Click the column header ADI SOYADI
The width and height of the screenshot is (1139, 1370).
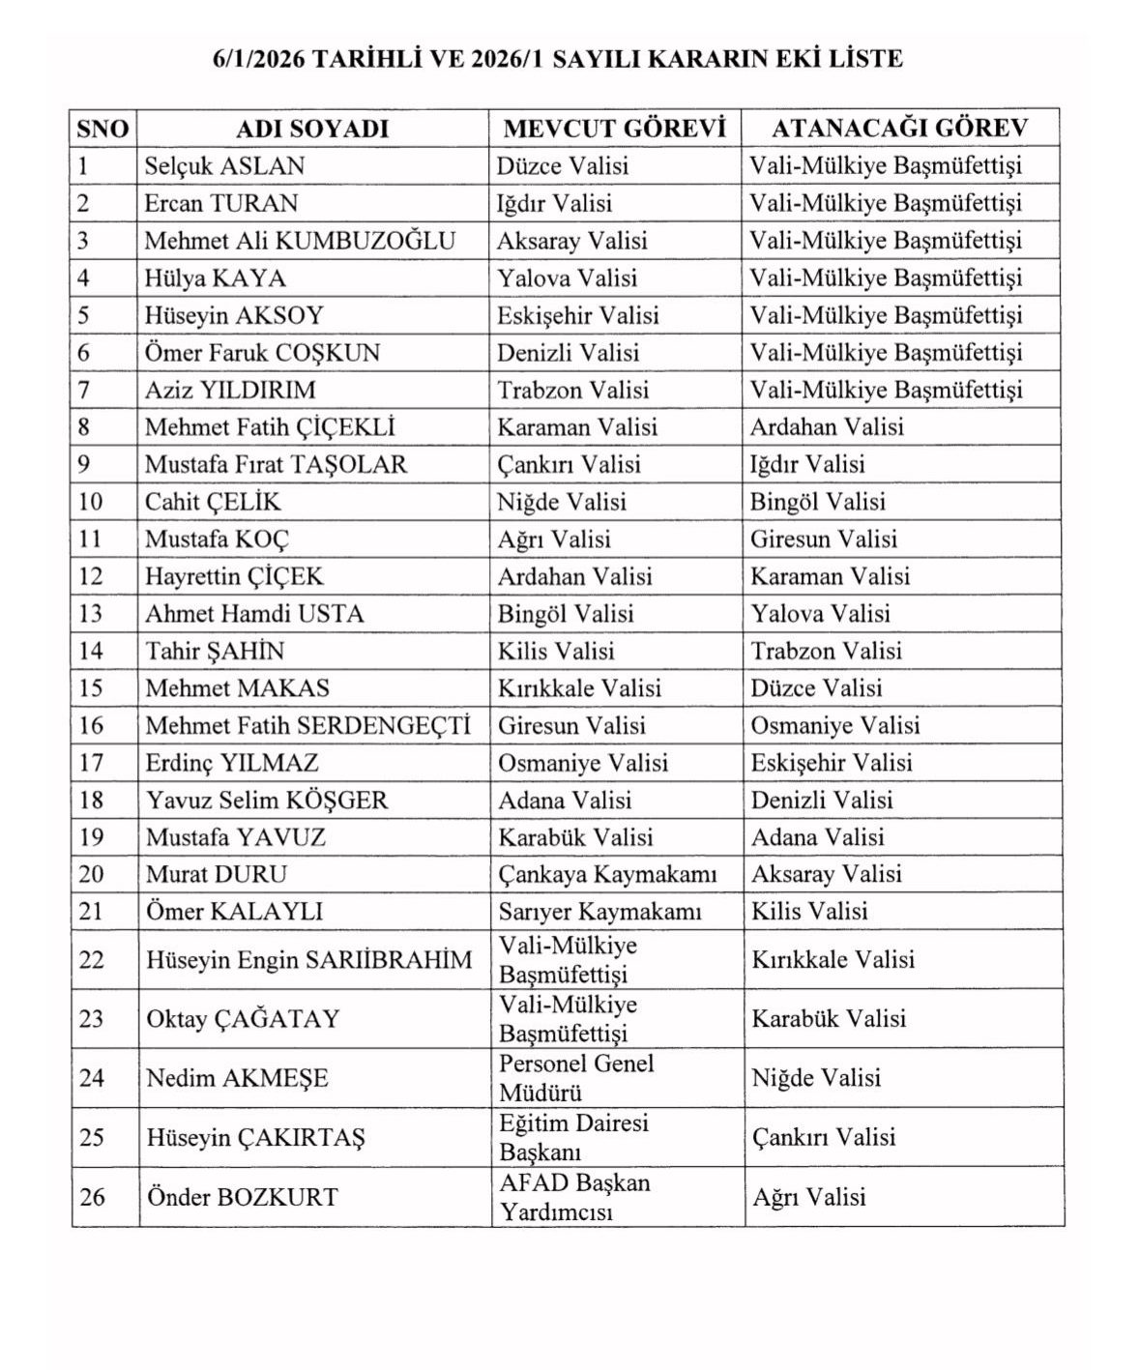point(312,129)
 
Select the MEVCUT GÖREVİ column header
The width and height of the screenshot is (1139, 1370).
point(614,129)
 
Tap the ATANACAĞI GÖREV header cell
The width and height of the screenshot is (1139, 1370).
point(899,129)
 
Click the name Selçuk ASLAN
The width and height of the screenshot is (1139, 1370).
point(224,166)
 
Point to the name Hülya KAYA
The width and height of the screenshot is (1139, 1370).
point(216,278)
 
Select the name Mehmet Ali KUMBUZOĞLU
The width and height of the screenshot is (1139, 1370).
point(300,241)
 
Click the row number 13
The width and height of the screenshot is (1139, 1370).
point(91,614)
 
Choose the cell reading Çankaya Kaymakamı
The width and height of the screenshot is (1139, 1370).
point(607,875)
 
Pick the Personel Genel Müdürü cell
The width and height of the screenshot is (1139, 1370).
point(576,1078)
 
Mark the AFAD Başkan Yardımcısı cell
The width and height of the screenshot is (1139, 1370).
point(574,1197)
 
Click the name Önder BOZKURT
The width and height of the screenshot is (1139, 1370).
point(242,1197)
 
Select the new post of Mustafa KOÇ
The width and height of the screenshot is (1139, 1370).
point(824,539)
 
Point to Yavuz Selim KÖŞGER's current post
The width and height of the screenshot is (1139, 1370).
point(565,801)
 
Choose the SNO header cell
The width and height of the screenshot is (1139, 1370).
point(102,129)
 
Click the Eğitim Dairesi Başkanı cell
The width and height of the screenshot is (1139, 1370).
point(573,1138)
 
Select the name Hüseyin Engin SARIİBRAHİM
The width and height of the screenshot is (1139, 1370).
point(309,960)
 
